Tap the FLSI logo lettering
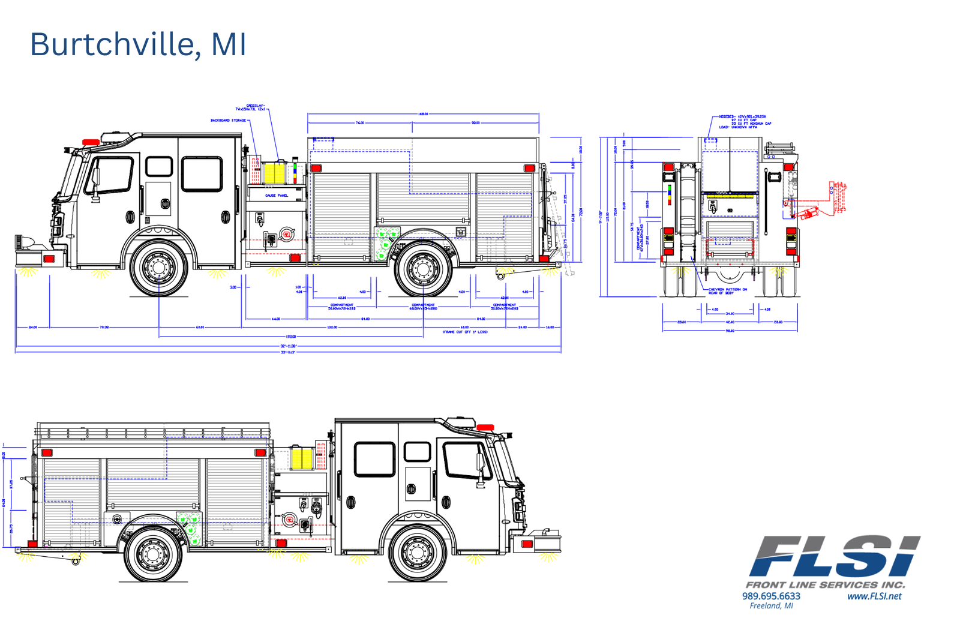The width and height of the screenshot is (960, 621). click(835, 557)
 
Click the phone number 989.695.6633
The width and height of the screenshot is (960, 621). click(771, 596)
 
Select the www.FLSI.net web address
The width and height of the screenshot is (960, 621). click(874, 596)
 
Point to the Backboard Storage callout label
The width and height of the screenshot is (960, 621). click(228, 121)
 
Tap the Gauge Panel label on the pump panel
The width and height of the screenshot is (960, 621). click(277, 196)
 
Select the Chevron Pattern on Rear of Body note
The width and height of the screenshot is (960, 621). click(727, 291)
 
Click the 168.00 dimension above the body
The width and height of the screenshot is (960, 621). click(423, 113)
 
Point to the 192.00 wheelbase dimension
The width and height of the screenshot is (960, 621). click(291, 337)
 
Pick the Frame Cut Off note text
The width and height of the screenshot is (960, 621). click(465, 332)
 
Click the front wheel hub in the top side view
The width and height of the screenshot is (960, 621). click(159, 268)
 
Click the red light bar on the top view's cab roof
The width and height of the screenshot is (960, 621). click(91, 142)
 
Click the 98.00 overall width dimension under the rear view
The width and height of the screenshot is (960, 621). click(730, 331)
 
